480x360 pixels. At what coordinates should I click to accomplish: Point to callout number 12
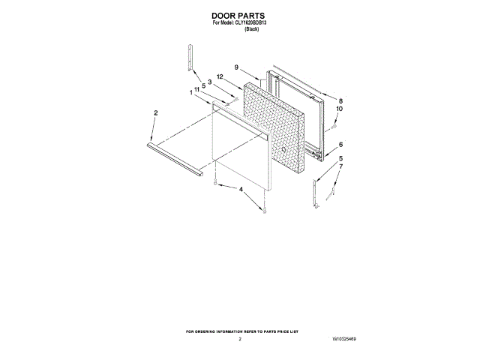click(x=220, y=76)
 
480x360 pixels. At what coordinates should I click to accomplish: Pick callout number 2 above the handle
click(x=155, y=113)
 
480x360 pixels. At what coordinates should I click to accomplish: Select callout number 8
click(x=340, y=100)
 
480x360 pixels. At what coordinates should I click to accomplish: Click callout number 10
click(x=339, y=109)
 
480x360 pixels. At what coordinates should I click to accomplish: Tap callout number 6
click(x=340, y=145)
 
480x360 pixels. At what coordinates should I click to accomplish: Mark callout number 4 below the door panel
click(x=241, y=190)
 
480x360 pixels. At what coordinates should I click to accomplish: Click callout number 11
click(x=196, y=89)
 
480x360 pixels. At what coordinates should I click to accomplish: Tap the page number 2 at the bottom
click(x=240, y=340)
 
